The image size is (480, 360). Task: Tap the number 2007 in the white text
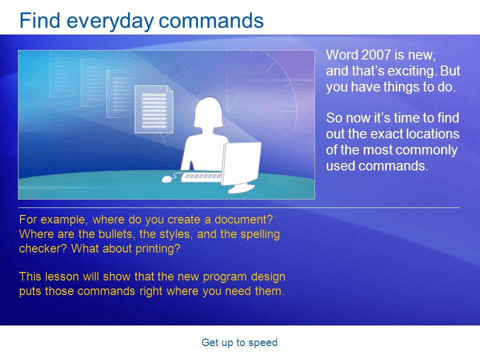click(376, 55)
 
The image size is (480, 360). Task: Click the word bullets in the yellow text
click(115, 234)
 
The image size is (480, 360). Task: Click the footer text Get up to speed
click(239, 342)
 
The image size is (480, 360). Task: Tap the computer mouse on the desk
click(166, 179)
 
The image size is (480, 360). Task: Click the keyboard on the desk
click(201, 177)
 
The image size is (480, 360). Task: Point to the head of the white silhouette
click(209, 112)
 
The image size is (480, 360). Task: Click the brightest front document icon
click(154, 109)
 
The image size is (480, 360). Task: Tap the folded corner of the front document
click(170, 89)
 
